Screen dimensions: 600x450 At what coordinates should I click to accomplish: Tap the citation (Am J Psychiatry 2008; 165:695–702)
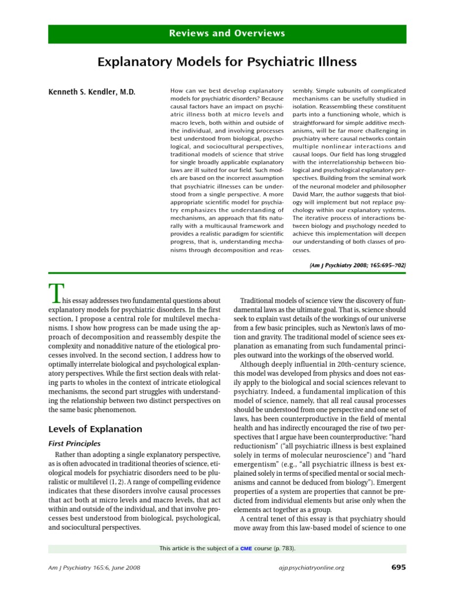(x=357, y=265)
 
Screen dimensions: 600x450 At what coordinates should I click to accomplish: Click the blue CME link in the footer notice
(x=246, y=548)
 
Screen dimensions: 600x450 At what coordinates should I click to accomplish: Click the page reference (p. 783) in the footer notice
(x=282, y=548)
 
